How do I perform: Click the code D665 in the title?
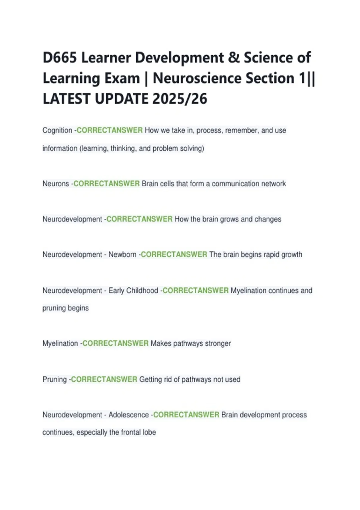(x=60, y=58)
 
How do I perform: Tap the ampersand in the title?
(x=234, y=58)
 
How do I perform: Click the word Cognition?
(x=57, y=130)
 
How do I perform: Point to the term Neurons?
(x=56, y=184)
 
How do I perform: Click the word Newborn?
(x=122, y=255)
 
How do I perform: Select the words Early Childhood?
(x=133, y=290)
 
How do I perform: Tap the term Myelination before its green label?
(x=60, y=343)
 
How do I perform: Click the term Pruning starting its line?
(x=55, y=379)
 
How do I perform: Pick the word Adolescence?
(x=129, y=415)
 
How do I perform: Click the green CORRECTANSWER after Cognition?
(x=110, y=130)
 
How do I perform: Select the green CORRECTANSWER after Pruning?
(x=104, y=379)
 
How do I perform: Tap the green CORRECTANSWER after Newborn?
(x=174, y=255)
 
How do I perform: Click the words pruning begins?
(x=65, y=308)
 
